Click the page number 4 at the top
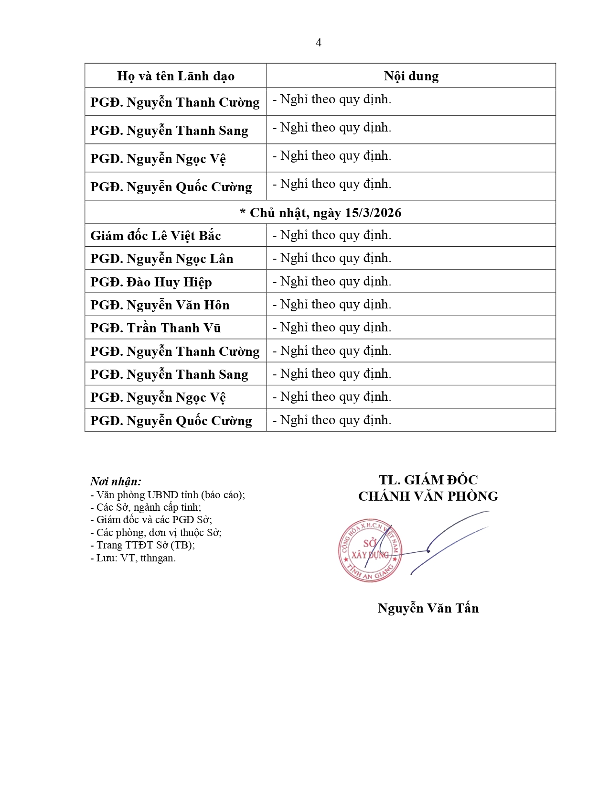click(318, 43)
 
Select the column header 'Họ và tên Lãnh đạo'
click(175, 76)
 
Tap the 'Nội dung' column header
click(411, 76)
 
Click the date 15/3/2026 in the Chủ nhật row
click(373, 213)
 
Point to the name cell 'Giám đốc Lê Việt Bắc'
click(156, 236)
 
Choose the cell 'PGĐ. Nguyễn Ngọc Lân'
click(162, 259)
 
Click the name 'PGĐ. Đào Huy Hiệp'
click(151, 282)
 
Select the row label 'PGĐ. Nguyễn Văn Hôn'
click(160, 305)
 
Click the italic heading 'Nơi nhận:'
click(116, 482)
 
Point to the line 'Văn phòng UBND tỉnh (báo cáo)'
click(168, 495)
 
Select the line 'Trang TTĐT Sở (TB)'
click(143, 545)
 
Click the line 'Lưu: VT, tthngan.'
click(133, 558)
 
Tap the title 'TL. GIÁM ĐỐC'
click(428, 480)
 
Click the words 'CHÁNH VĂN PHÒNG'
click(428, 496)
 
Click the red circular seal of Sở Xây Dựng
click(370, 550)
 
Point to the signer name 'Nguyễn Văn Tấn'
click(428, 608)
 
